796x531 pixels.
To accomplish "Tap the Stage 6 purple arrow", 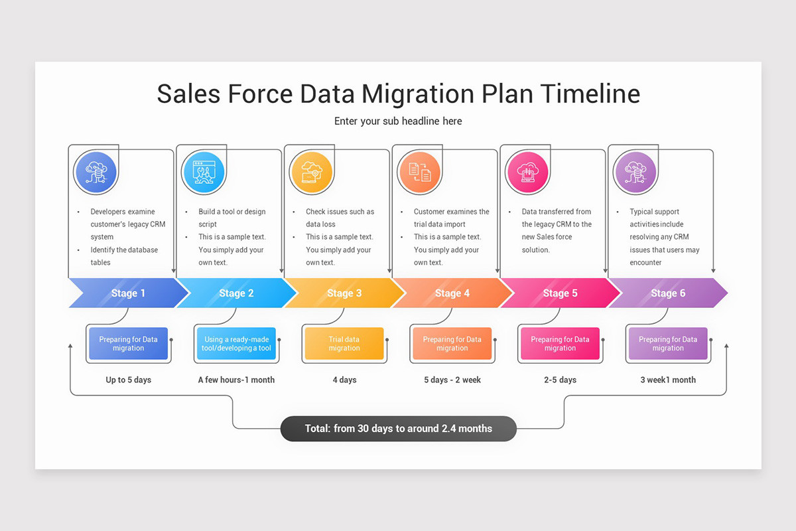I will [667, 293].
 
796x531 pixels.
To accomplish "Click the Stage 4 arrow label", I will [452, 293].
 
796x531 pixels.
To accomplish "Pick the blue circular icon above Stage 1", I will [96, 173].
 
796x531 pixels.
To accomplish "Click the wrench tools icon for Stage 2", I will [204, 173].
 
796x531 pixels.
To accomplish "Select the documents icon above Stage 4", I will [419, 173].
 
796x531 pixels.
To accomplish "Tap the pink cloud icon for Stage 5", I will [527, 173].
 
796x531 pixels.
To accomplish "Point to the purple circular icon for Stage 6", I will [635, 173].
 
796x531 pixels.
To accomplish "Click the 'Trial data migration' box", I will [344, 344].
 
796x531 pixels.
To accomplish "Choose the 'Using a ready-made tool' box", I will [236, 344].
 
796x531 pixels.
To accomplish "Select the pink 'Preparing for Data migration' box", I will [560, 344].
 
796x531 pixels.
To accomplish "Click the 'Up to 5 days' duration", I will [128, 380].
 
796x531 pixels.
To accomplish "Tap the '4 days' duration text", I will [344, 380].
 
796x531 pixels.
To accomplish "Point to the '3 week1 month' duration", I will [667, 380].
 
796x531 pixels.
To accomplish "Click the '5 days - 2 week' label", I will [452, 380].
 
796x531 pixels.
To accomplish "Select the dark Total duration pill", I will [398, 429].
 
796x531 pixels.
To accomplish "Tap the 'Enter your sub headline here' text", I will [398, 121].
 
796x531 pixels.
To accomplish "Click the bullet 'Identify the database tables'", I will [124, 256].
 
